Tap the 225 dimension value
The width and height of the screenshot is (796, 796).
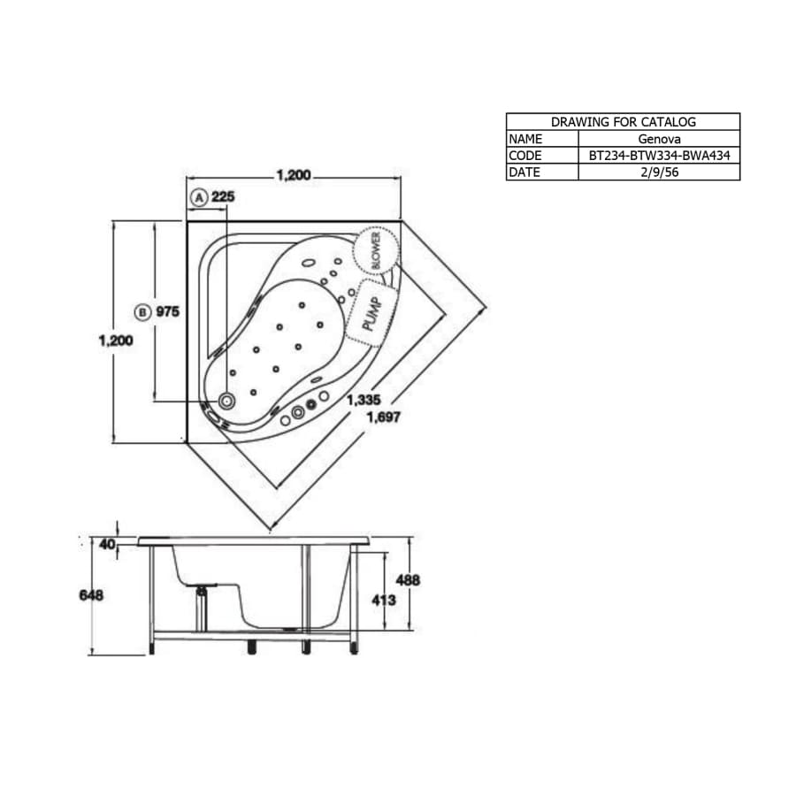[x=223, y=196]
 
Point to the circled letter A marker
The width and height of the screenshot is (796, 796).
[x=199, y=196]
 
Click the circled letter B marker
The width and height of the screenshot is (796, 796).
[x=142, y=311]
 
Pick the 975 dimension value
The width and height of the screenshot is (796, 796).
[x=168, y=311]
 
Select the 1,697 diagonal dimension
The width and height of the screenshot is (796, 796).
[x=382, y=417]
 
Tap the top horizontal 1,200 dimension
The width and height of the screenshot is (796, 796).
[x=293, y=175]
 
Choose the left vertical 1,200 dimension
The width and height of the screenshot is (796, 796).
[x=115, y=341]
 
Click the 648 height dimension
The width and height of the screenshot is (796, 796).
[x=91, y=595]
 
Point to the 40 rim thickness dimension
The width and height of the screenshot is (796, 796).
[x=107, y=544]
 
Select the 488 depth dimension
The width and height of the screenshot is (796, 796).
[x=407, y=580]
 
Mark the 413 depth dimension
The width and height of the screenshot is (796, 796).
[x=382, y=600]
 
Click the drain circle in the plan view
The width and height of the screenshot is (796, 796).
[x=227, y=402]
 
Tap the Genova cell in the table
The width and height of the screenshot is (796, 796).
[x=659, y=139]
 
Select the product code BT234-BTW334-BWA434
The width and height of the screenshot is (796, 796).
[x=659, y=156]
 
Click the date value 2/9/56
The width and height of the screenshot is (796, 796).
[x=659, y=172]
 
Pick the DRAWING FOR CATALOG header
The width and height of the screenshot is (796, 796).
[x=623, y=122]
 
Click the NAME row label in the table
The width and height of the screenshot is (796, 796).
[x=525, y=139]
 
